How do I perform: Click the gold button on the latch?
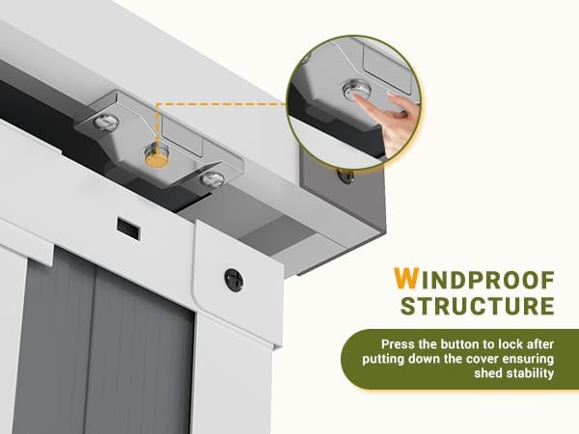156,160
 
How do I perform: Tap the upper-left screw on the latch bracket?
106,122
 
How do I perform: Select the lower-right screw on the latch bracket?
212,179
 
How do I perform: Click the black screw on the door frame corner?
234,280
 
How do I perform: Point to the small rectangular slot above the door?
128,228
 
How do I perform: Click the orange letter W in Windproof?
405,279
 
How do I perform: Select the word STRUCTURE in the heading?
477,306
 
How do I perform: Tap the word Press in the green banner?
399,344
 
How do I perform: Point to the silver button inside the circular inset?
356,92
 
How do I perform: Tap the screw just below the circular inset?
345,176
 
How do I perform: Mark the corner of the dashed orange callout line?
157,104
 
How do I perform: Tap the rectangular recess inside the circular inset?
387,68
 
